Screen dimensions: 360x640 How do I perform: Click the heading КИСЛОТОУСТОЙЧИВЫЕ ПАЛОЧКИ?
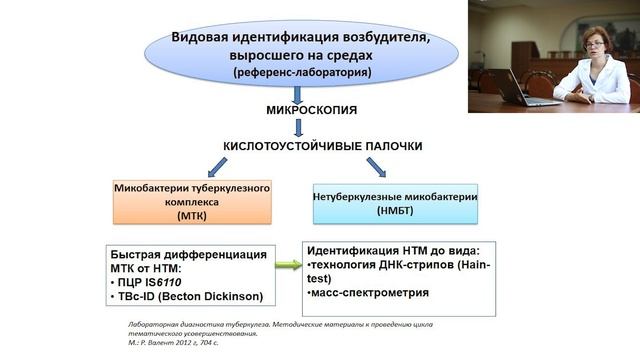[322, 146]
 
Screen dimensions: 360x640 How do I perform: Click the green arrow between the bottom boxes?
[287, 265]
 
